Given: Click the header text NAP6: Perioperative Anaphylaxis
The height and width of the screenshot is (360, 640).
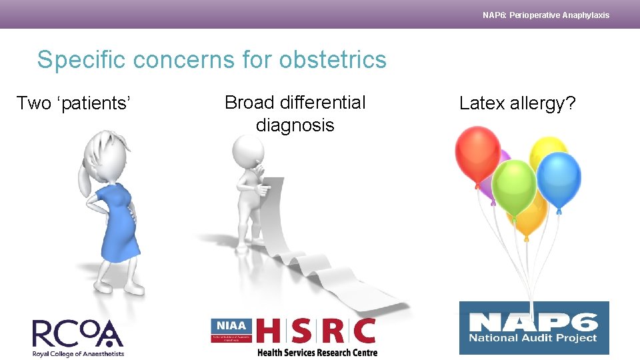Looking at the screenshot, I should pyautogui.click(x=545, y=15).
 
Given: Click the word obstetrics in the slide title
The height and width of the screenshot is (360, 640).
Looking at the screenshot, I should pyautogui.click(x=333, y=59).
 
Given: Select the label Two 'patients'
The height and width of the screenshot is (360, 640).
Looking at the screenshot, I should pyautogui.click(x=73, y=103).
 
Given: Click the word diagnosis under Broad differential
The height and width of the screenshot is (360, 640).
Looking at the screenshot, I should pyautogui.click(x=295, y=125).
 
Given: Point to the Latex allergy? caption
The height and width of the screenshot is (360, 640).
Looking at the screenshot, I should pyautogui.click(x=517, y=103).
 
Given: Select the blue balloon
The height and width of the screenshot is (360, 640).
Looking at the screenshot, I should pyautogui.click(x=559, y=176).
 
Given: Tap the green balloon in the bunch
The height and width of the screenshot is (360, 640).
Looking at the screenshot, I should pyautogui.click(x=514, y=185).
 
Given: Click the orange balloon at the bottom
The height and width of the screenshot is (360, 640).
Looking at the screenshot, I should pyautogui.click(x=529, y=220).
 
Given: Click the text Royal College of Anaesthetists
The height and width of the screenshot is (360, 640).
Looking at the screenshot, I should pyautogui.click(x=78, y=353).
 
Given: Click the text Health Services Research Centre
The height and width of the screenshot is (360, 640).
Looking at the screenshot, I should pyautogui.click(x=317, y=353).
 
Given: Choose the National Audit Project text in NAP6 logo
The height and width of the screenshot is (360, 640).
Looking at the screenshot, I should pyautogui.click(x=533, y=337).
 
